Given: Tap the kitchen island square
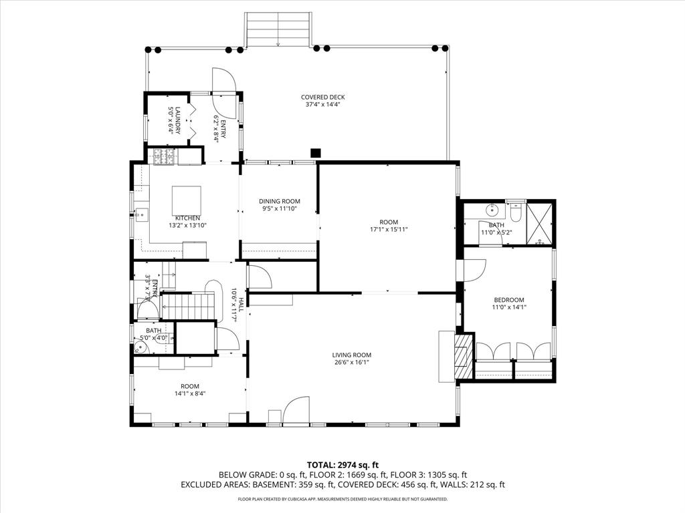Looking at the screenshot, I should [187, 200].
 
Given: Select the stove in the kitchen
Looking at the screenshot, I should [163, 157].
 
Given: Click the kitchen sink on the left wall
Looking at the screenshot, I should [141, 214].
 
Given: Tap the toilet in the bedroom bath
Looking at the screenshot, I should [514, 212].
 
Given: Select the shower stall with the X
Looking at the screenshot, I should [539, 222].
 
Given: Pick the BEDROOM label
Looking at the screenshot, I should [508, 300].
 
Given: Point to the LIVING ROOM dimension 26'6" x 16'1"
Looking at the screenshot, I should [351, 363].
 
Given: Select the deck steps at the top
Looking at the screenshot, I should [278, 30].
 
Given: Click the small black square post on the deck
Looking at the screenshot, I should [316, 152].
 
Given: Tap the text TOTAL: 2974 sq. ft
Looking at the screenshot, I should [342, 465].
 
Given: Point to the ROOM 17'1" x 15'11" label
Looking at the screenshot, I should [389, 226].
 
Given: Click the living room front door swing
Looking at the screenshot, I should [295, 410].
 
